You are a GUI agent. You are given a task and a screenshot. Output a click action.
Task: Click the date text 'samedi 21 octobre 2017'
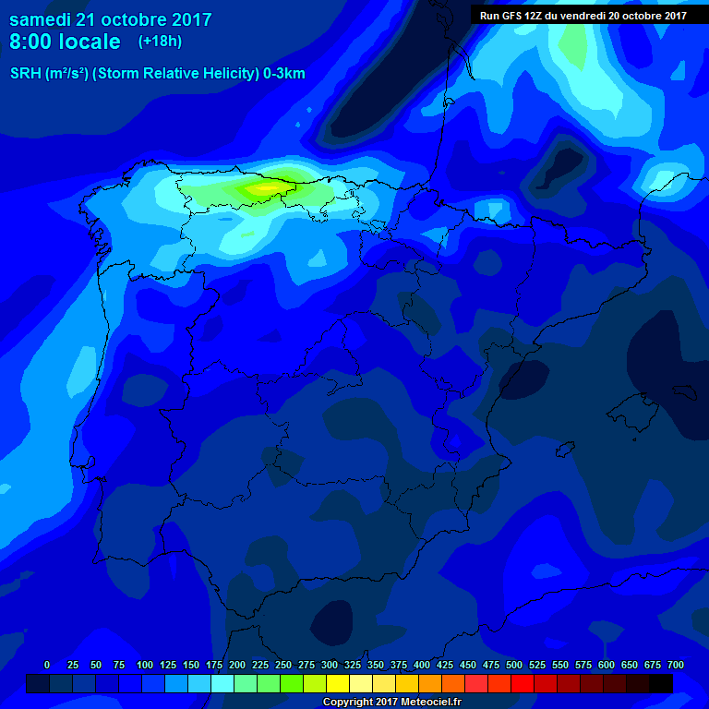tap(111, 19)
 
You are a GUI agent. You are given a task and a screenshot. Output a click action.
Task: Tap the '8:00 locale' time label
tap(65, 42)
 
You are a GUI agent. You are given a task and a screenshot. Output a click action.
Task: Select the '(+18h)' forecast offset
tap(160, 41)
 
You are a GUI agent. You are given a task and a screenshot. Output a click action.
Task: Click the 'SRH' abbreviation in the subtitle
tap(26, 74)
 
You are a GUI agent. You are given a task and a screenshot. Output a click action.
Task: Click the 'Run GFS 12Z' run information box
tap(583, 15)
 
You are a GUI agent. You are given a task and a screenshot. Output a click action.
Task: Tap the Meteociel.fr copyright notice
tap(392, 702)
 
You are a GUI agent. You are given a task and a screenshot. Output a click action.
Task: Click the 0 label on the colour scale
tap(47, 665)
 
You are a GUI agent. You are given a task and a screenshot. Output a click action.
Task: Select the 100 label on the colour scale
tap(145, 665)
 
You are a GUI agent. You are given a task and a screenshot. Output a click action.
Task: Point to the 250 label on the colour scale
tap(283, 665)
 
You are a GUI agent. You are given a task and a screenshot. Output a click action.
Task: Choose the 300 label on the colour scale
tap(330, 665)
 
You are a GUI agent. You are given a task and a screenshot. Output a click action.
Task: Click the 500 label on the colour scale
tap(514, 665)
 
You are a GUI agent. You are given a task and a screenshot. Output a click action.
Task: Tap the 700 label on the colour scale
tap(675, 665)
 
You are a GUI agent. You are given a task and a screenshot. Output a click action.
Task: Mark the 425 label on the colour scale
tap(445, 665)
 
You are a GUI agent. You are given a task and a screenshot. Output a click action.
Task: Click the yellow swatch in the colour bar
tap(338, 683)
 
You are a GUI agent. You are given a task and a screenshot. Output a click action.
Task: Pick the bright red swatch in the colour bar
tap(523, 683)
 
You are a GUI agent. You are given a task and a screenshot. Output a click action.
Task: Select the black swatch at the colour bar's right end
tap(661, 683)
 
